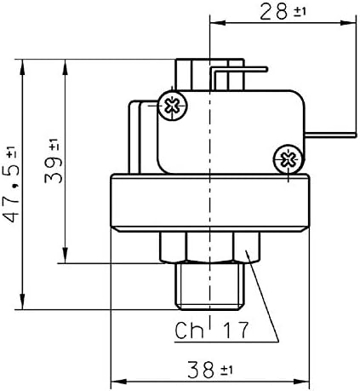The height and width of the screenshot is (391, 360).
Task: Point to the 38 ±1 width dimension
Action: pos(211,369)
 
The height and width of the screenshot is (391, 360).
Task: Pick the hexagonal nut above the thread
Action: pos(209,247)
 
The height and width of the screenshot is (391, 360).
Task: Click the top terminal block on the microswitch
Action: pos(192,72)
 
